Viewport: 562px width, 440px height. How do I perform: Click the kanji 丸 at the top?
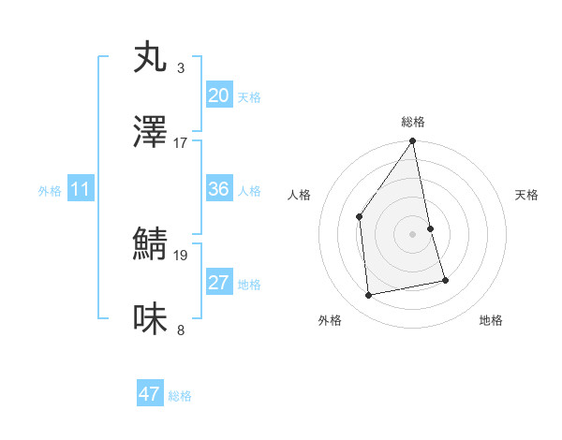tap(151, 58)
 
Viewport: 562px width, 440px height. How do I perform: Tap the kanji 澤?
tap(151, 133)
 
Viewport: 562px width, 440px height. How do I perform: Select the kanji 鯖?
tap(151, 245)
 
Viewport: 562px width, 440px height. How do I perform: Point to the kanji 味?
tap(151, 320)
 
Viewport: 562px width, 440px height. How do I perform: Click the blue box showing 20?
tap(218, 95)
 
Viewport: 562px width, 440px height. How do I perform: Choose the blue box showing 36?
tap(218, 189)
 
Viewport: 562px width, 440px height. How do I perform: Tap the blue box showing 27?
tap(218, 283)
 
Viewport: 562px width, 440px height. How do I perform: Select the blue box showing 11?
tap(80, 189)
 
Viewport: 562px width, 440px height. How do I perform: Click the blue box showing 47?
tap(150, 394)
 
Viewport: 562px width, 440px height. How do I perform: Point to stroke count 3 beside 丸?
tap(180, 68)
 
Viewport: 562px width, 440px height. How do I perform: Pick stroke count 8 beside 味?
tap(180, 330)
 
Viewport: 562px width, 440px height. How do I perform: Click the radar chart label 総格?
tap(412, 122)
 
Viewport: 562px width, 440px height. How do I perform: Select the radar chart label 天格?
tap(527, 195)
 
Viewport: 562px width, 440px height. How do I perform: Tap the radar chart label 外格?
tap(330, 320)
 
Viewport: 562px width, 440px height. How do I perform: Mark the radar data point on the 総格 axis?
tap(412, 141)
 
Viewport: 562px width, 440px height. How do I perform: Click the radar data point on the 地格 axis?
tap(445, 280)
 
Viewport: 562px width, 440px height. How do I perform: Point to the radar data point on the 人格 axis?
tap(360, 217)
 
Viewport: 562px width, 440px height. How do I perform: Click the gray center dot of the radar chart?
tap(412, 234)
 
